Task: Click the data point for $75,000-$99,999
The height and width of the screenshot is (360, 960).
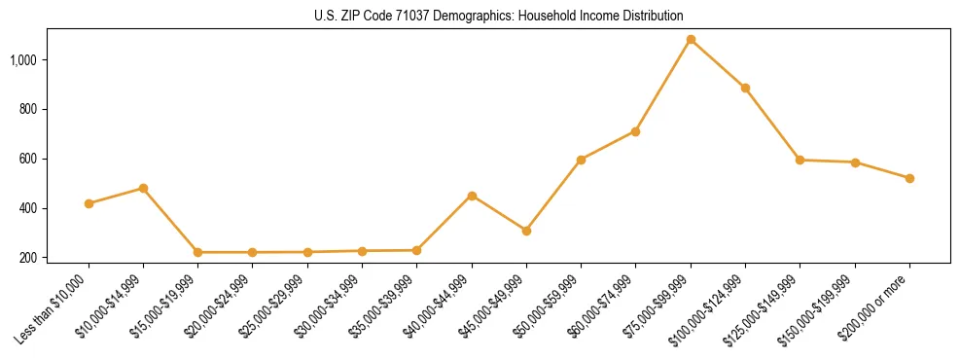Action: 691,40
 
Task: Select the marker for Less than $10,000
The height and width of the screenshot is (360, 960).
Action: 89,203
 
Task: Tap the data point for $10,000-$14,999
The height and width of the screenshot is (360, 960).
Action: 143,188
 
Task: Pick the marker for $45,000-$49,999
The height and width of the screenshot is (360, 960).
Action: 526,231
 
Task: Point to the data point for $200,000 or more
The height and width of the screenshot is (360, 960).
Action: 909,178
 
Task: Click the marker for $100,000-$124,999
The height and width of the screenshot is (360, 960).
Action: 745,88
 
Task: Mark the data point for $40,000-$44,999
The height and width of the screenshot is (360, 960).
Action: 472,196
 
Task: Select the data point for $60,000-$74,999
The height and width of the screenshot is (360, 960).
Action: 636,131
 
